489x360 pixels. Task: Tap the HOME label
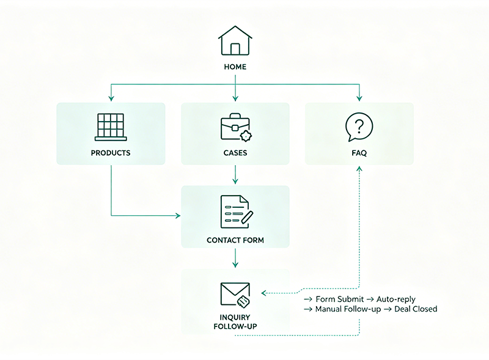point(235,67)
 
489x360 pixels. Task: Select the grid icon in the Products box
point(111,127)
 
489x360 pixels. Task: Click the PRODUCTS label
point(111,153)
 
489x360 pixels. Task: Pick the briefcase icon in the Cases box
point(236,128)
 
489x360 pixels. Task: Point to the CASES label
point(235,153)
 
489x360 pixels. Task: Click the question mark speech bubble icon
point(359,127)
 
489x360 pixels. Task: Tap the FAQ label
point(359,153)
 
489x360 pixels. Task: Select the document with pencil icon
point(237,212)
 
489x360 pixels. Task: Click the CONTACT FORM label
point(235,240)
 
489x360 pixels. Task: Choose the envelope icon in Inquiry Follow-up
point(235,295)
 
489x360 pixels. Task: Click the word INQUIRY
point(235,317)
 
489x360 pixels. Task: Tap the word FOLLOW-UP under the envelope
point(235,326)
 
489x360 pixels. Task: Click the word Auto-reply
point(395,299)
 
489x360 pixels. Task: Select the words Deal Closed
point(416,309)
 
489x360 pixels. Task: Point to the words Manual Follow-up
point(348,309)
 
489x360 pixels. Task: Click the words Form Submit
point(340,299)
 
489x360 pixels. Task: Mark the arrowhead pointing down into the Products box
point(111,98)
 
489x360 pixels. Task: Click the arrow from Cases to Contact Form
point(235,175)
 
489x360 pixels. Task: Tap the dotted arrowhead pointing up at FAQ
point(359,169)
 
